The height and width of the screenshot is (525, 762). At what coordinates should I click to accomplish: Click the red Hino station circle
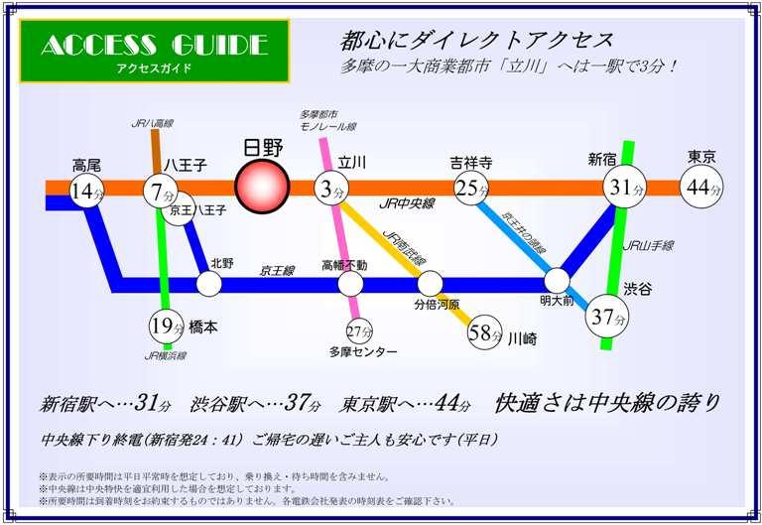coord(262,187)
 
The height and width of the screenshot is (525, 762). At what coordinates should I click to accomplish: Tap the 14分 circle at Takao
coord(87,191)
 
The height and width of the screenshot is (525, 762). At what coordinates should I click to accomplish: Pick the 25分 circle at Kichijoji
coord(470,188)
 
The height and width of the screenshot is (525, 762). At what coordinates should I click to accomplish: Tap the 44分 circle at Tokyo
coord(701,188)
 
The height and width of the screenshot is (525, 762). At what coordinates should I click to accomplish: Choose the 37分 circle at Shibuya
coord(608,317)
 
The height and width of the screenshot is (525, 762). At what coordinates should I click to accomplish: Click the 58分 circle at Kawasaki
coord(485,333)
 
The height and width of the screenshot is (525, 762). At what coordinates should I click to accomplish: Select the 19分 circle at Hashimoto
coord(167,325)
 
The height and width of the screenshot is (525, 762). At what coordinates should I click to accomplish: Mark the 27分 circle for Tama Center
coord(359,331)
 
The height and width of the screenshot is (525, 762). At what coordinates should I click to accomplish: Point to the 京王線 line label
coord(278,269)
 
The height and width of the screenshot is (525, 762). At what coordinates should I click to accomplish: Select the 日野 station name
coord(263,148)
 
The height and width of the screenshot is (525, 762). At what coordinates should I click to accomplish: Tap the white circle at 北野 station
coord(208,284)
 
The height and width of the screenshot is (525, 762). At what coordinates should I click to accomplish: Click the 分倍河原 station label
coord(437,304)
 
